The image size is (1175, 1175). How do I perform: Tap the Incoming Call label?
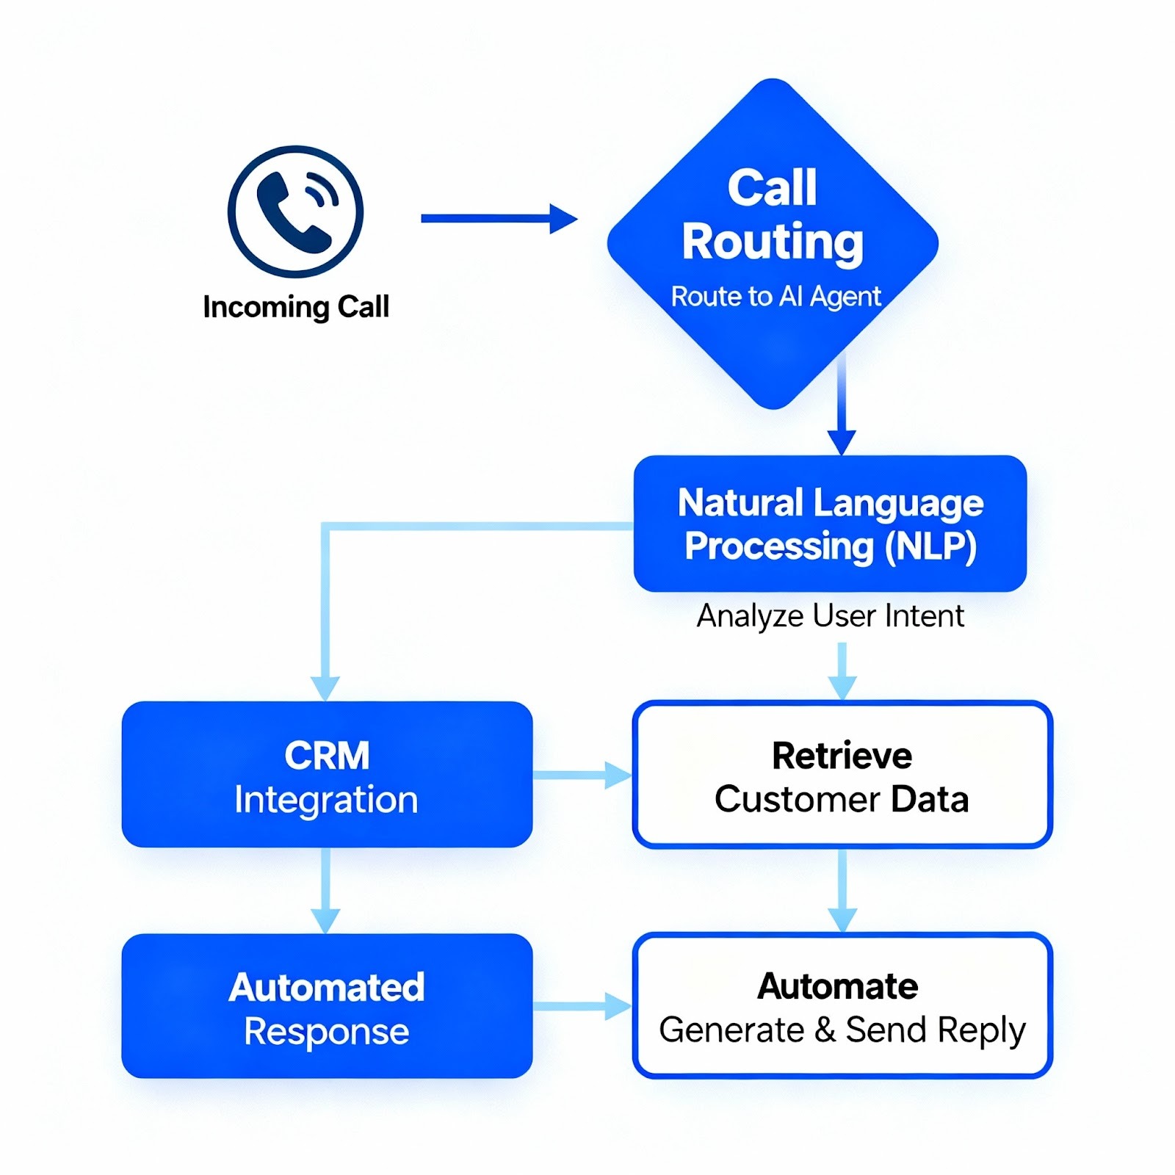[x=295, y=306]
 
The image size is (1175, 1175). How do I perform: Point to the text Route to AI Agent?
[x=775, y=296]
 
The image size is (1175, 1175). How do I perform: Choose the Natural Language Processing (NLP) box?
[x=830, y=524]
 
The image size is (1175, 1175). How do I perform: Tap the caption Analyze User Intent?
[x=830, y=615]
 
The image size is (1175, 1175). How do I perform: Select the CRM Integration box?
[x=327, y=775]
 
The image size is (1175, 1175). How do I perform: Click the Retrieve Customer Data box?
[x=842, y=775]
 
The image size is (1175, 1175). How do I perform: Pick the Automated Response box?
[x=327, y=1006]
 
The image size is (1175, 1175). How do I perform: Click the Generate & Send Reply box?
[x=842, y=1006]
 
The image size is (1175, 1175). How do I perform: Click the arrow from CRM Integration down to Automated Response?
[x=325, y=890]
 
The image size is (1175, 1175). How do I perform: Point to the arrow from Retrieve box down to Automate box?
[x=842, y=890]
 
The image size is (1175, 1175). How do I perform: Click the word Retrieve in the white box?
[x=842, y=756]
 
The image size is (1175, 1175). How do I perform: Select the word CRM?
[x=327, y=756]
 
